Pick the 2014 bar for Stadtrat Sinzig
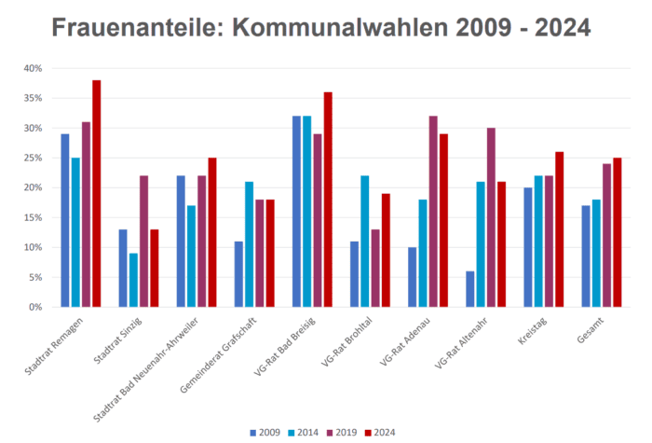pos(134,280)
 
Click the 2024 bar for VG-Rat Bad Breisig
pos(327,200)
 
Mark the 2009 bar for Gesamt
pos(586,256)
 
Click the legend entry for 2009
pos(266,432)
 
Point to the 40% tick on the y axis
pos(32,68)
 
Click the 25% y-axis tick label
pos(32,158)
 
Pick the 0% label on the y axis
pos(34,307)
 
